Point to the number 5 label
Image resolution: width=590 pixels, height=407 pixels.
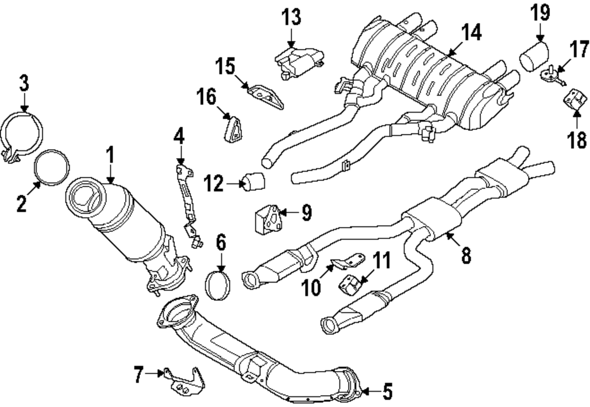[x=387, y=390]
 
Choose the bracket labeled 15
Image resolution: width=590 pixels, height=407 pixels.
[x=265, y=96]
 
